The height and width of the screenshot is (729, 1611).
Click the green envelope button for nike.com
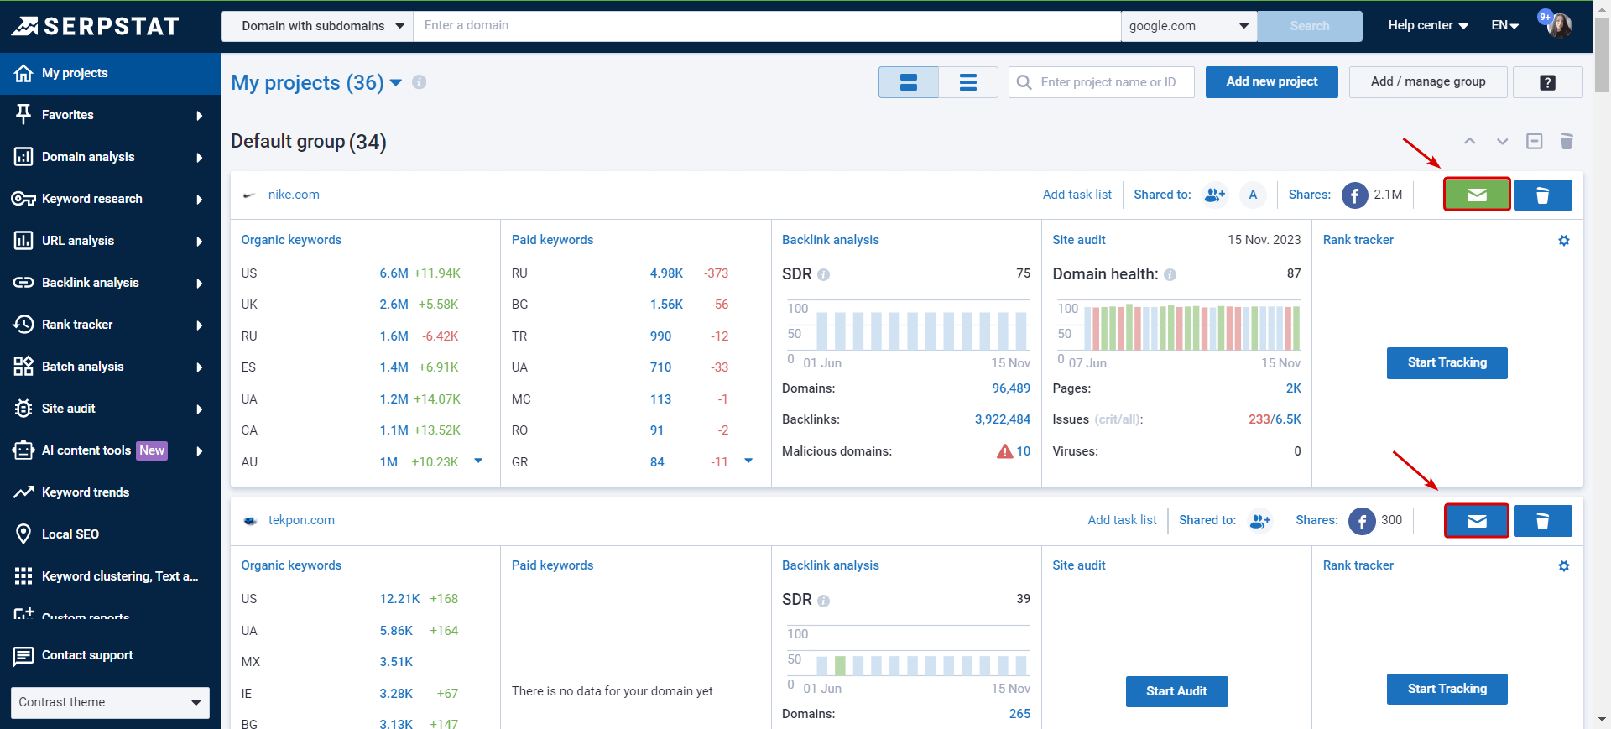(x=1477, y=195)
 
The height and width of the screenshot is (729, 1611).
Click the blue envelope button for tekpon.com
(x=1477, y=521)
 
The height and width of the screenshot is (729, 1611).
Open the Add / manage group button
(x=1427, y=81)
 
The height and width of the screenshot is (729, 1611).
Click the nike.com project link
(x=294, y=195)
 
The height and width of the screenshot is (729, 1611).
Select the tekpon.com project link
(x=301, y=520)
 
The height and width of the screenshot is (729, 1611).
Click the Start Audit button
(x=1176, y=691)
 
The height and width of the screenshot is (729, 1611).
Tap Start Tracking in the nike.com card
(x=1447, y=362)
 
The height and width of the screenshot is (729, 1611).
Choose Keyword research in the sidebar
(x=92, y=199)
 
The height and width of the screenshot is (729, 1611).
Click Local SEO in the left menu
(x=70, y=534)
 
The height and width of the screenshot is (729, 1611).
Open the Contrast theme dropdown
(x=110, y=702)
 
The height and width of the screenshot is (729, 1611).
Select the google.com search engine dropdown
(x=1188, y=26)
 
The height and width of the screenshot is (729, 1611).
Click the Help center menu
(x=1427, y=25)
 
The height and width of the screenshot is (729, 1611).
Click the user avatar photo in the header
(x=1560, y=25)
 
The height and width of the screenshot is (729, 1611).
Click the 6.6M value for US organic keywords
(x=394, y=273)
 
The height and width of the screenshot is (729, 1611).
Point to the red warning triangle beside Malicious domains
(x=1004, y=451)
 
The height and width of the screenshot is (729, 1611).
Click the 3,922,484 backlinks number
(x=1002, y=419)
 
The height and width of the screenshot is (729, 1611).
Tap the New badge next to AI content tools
(x=152, y=450)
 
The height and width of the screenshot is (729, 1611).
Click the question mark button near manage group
(x=1547, y=82)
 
